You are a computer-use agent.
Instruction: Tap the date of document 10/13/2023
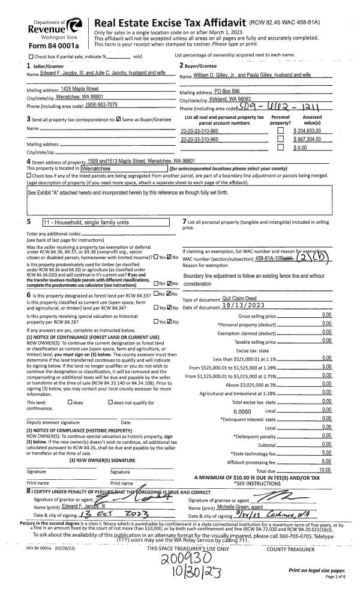[x=246, y=307]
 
